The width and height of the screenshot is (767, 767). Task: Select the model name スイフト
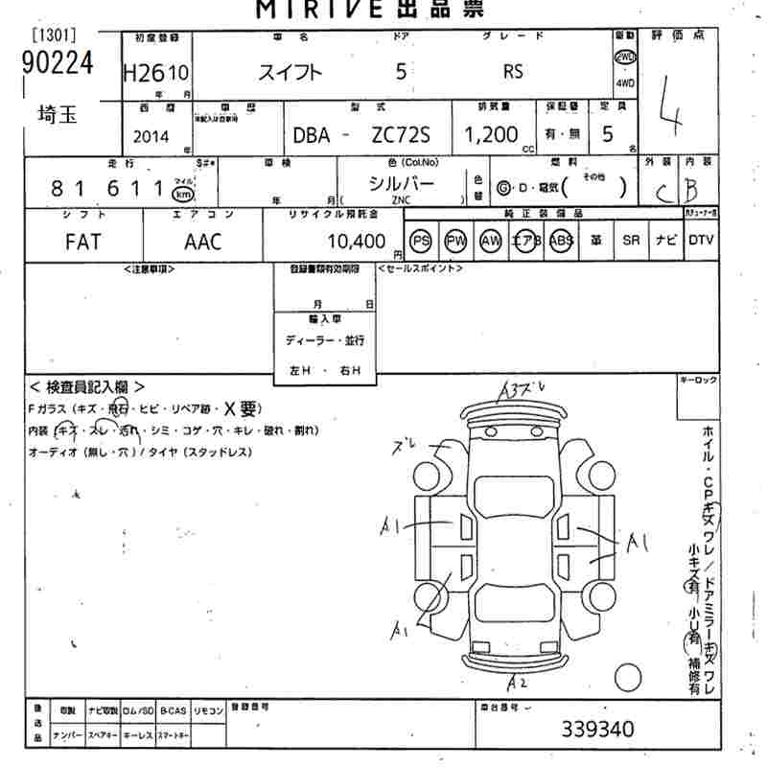tap(292, 72)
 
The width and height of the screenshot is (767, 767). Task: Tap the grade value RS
tap(514, 72)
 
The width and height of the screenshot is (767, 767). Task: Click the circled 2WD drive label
tap(625, 57)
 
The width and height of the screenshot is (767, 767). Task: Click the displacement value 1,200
tap(491, 135)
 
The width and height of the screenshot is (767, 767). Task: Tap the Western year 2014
tap(151, 136)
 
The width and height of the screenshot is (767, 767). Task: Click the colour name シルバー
tap(402, 184)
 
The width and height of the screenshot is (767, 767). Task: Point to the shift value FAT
tap(83, 241)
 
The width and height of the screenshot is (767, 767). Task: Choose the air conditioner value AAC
tap(202, 241)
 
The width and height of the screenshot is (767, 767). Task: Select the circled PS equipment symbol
tap(420, 241)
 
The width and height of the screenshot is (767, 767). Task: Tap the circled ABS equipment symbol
tap(561, 241)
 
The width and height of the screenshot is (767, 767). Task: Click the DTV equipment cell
tap(701, 241)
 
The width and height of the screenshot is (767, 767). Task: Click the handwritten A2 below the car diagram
tap(518, 683)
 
